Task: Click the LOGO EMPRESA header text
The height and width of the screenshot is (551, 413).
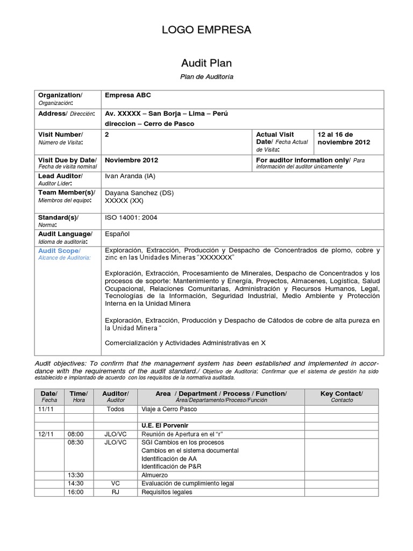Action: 206,30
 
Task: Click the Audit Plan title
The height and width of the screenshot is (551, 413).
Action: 206,63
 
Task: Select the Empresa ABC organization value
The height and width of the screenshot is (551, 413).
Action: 128,95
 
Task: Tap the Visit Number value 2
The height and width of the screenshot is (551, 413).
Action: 107,134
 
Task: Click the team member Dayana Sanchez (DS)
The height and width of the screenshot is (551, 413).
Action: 139,193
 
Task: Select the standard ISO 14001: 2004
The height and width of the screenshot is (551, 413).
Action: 131,217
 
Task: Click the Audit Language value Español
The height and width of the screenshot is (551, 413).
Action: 117,234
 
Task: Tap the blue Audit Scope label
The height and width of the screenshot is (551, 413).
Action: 59,251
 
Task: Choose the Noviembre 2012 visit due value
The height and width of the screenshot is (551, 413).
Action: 131,160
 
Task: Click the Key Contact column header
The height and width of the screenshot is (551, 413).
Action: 341,394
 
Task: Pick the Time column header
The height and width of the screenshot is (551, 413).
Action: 79,394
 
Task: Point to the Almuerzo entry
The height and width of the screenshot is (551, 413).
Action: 154,475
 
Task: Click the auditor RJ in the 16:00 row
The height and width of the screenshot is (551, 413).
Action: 116,492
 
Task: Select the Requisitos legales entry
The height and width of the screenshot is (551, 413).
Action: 166,492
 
